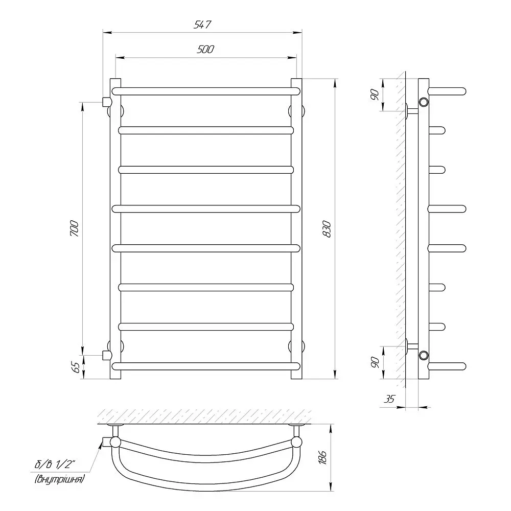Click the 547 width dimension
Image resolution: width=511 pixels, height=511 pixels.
click(x=202, y=25)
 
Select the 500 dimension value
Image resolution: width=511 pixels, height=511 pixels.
click(x=205, y=49)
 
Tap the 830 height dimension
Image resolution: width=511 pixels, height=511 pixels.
click(x=327, y=229)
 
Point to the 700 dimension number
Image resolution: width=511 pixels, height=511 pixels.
click(x=74, y=228)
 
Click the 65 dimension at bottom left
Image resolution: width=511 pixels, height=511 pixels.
click(x=75, y=367)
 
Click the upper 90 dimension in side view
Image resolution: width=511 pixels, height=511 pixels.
click(x=375, y=95)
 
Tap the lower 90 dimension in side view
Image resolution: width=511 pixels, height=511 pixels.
click(x=375, y=362)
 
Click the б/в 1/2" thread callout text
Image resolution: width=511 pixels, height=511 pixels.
click(x=55, y=464)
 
